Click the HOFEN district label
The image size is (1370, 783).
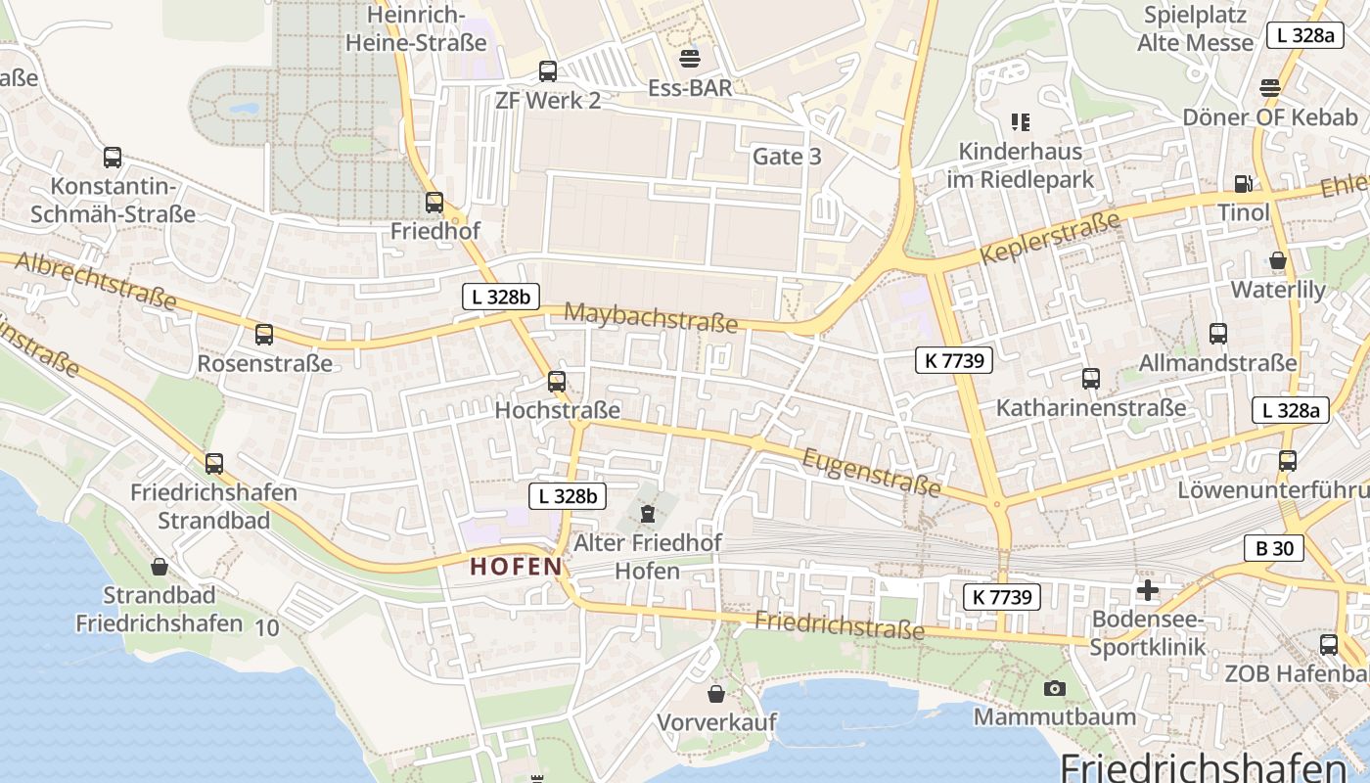(x=517, y=566)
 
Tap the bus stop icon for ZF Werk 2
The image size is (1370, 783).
(x=548, y=71)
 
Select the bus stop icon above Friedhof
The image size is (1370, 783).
(x=434, y=203)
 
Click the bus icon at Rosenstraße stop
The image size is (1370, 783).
(x=264, y=335)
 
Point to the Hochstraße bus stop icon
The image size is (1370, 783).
(x=557, y=381)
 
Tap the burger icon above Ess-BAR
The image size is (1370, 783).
(x=690, y=58)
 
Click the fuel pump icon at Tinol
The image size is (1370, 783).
(x=1243, y=183)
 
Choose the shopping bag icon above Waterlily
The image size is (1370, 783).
(x=1278, y=260)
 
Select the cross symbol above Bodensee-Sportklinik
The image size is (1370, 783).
(x=1148, y=590)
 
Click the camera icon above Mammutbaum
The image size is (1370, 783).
(x=1054, y=688)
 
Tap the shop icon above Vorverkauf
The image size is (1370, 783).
(x=717, y=694)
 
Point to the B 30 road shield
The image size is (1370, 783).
(x=1274, y=548)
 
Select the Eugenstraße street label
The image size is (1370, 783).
(x=872, y=472)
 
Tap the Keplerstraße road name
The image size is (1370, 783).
(x=1049, y=239)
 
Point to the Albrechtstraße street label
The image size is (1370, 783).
(x=95, y=279)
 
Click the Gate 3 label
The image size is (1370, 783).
(x=787, y=157)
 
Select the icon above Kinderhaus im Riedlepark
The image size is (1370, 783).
(x=1021, y=122)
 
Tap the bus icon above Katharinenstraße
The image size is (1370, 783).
(x=1091, y=379)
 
